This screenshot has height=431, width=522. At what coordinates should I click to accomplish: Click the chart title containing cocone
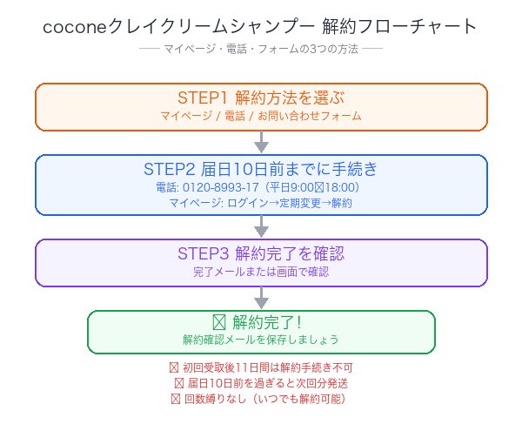coord(260,27)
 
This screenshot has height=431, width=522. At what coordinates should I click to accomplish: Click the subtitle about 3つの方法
coord(261,50)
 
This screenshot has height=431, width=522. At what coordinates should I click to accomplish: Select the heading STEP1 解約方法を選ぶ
coord(261,97)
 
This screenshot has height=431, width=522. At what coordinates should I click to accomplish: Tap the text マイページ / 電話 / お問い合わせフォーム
coord(261,116)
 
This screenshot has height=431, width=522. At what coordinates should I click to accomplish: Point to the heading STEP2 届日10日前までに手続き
coord(261,168)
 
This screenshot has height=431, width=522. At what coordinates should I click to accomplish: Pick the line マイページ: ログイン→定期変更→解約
coord(261,203)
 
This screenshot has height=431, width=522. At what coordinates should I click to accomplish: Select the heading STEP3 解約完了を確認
coord(261,253)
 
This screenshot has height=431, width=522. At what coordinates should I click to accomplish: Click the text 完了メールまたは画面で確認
coord(261,272)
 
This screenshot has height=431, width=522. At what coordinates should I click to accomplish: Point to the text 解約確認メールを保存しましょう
coord(261,340)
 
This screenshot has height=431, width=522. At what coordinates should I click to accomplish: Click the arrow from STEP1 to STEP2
coord(261,142)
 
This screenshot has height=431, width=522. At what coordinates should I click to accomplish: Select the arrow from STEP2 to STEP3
coord(261,226)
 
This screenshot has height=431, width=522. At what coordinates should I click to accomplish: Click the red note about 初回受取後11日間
coord(261,367)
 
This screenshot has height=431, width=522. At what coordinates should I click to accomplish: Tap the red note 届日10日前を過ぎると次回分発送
coord(261,383)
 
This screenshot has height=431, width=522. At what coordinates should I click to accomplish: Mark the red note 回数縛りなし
coord(261,399)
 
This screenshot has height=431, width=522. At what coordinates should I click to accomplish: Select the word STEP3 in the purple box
coord(202,253)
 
